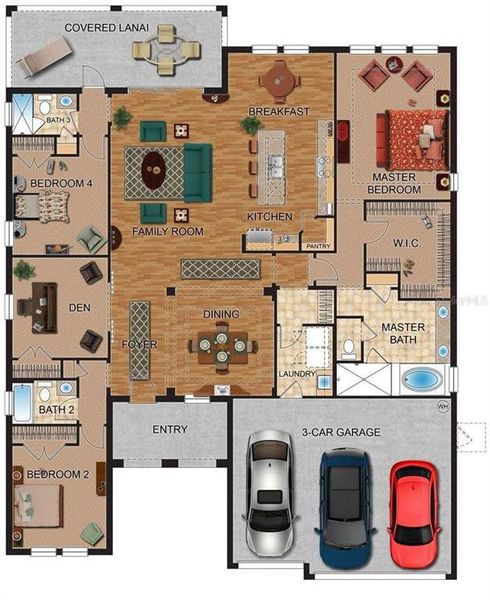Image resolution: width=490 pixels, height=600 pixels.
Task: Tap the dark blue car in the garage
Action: click(343, 505)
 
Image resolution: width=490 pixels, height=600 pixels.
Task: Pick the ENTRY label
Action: click(170, 429)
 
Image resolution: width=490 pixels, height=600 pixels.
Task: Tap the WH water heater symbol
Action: click(443, 407)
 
